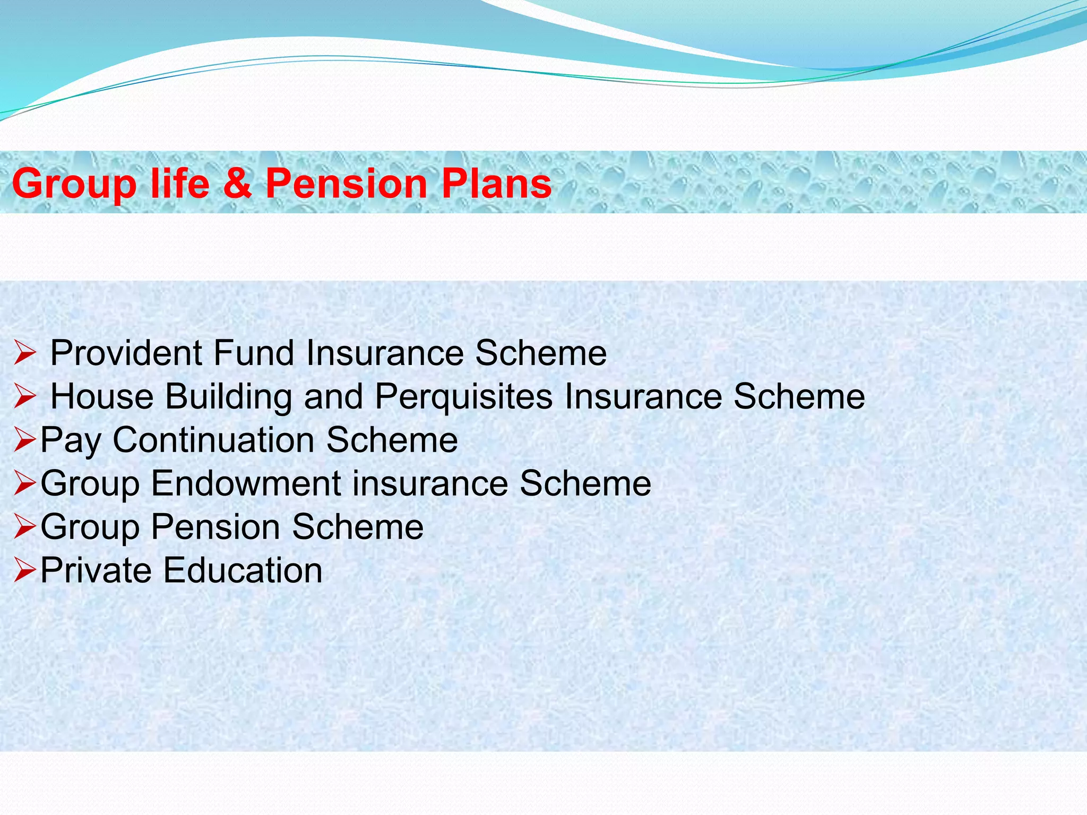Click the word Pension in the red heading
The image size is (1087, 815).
click(x=346, y=183)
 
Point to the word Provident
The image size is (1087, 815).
click(x=126, y=353)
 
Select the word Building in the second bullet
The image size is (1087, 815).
click(x=228, y=396)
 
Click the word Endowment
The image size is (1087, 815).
click(x=246, y=483)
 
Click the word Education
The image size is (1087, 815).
click(x=243, y=570)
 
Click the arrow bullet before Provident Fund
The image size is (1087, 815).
click(x=24, y=354)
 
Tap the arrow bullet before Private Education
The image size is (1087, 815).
click(x=24, y=571)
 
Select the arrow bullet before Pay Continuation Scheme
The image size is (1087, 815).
click(x=24, y=441)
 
